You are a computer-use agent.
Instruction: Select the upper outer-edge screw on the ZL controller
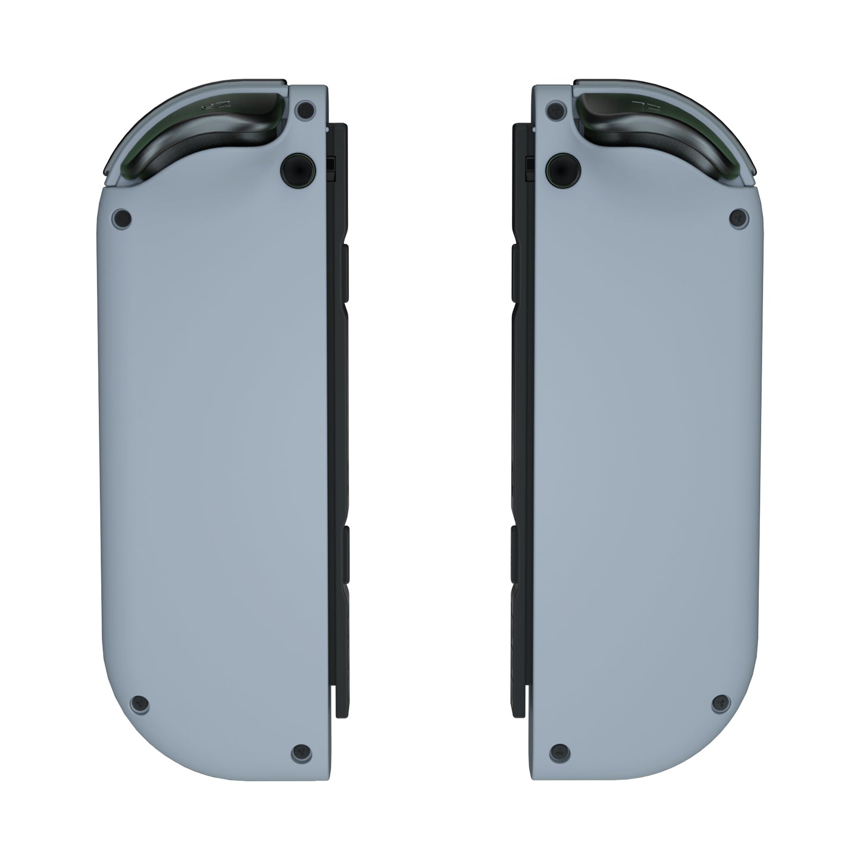click(738, 218)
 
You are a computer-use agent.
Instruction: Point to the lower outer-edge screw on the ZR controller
click(139, 703)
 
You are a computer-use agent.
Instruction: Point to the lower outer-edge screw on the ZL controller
click(721, 703)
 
